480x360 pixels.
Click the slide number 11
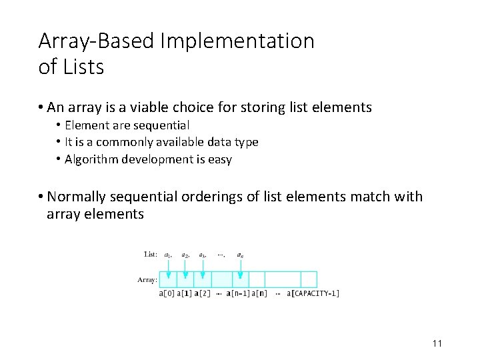pos(437,343)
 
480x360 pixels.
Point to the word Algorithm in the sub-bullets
pos(92,159)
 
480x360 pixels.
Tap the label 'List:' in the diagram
pos(151,254)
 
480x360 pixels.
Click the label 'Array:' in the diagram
pos(147,280)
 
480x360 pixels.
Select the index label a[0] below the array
pos(167,293)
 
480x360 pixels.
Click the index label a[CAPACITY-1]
pos(313,293)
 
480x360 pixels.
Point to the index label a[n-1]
pos(237,293)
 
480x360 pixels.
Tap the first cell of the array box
pos(168,279)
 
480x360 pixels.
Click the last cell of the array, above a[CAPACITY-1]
pos(309,279)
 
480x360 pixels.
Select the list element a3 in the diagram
pos(203,255)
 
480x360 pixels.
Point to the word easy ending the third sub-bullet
pos(221,159)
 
